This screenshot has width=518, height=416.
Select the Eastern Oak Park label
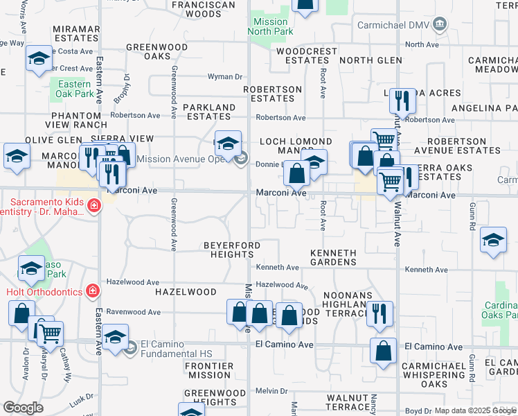coord(75,89)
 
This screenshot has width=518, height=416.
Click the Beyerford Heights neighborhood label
coord(232,250)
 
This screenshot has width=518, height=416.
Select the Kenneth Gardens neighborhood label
coord(333,257)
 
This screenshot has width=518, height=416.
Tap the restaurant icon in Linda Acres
coord(401,102)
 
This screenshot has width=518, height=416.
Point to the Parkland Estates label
coord(209,112)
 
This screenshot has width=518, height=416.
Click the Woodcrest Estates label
coord(306,56)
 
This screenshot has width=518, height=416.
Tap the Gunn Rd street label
coord(472,217)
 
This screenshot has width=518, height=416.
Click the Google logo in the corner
coord(24,408)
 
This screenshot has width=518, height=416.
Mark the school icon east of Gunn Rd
coord(493,241)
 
